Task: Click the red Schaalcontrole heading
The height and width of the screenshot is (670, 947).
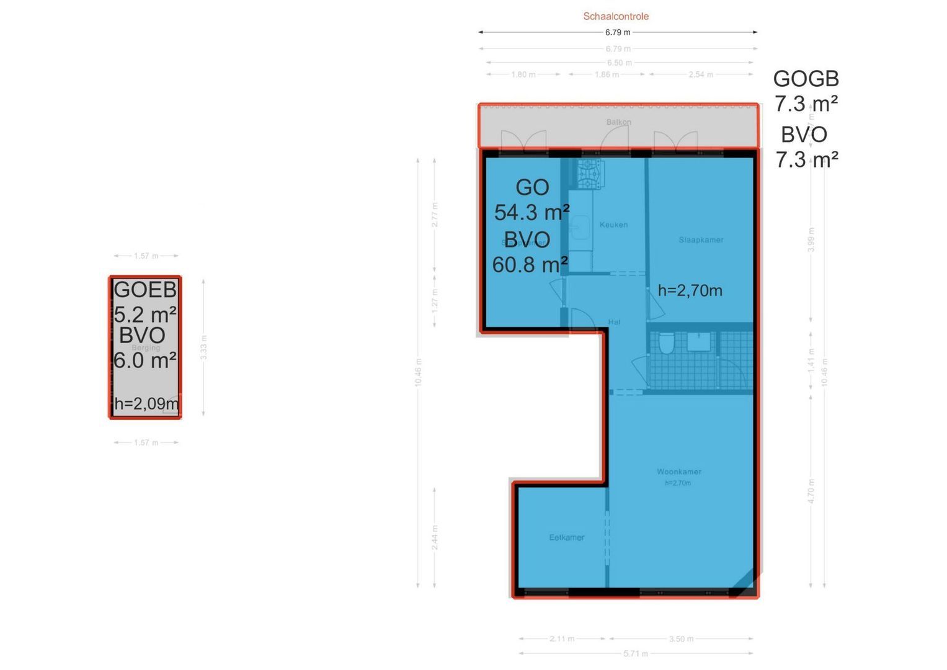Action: (616, 17)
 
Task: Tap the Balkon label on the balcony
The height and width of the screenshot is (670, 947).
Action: (618, 122)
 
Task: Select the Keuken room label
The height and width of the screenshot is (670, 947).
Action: (613, 225)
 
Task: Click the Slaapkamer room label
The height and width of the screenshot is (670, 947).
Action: (701, 239)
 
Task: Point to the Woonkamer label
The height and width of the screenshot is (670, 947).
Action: (679, 471)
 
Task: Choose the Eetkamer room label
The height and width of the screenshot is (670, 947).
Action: (567, 537)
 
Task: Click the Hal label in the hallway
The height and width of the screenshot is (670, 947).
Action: (614, 322)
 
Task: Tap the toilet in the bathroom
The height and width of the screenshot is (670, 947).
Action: (666, 342)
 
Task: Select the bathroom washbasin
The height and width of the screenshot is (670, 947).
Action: (699, 342)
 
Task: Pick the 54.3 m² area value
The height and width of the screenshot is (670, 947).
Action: (531, 213)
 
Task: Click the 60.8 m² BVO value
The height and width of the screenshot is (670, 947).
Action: (530, 265)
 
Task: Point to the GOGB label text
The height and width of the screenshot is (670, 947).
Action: (806, 79)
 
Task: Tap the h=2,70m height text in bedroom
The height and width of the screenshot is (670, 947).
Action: (690, 290)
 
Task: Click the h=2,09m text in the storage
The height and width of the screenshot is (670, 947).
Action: (146, 404)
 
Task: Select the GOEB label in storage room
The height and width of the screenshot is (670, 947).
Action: (145, 289)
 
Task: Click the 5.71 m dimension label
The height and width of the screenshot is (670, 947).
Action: (636, 653)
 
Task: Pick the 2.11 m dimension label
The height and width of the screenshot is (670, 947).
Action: (562, 638)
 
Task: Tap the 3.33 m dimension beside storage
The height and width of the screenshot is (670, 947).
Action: (203, 347)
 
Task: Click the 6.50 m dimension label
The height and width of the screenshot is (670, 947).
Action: (620, 63)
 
